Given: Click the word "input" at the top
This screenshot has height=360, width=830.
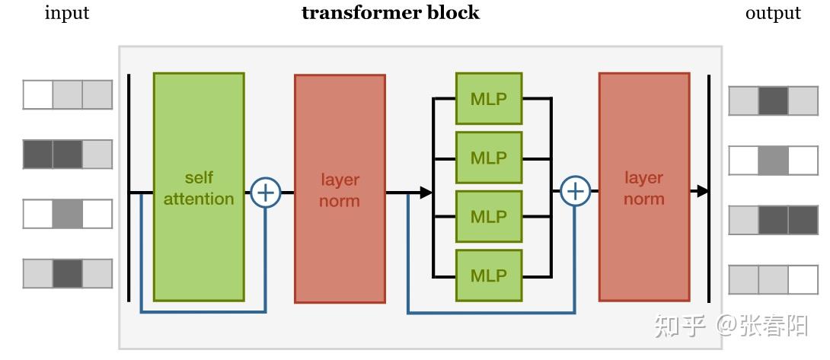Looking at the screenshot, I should click(67, 13).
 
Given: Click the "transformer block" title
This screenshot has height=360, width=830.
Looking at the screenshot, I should click(391, 13).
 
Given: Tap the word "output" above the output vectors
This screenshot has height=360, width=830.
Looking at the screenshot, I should click(773, 13).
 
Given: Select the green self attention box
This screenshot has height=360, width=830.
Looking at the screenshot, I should click(199, 187).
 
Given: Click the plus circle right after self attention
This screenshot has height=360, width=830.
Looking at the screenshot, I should click(266, 193).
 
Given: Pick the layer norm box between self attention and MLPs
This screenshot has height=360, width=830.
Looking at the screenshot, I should click(340, 189).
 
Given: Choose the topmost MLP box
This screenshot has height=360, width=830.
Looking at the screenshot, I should click(488, 98).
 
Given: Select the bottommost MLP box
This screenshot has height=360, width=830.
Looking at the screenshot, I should click(488, 275).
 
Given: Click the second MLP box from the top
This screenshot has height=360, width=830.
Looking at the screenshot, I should click(488, 158).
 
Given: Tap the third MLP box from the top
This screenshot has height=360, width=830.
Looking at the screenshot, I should click(488, 216).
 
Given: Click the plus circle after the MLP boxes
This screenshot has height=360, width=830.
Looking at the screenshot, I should click(576, 191).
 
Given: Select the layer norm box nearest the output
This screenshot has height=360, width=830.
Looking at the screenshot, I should click(643, 187).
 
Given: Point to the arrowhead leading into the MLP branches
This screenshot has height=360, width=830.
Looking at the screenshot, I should click(426, 193).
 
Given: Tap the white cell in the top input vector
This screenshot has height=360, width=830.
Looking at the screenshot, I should click(38, 95).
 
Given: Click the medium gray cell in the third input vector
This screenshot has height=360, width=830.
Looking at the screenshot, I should click(67, 214).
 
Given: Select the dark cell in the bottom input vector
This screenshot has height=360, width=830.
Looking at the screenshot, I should click(67, 273).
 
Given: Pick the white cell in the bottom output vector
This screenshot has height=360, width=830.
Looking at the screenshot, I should click(803, 279).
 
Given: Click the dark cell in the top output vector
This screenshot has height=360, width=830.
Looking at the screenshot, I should click(773, 100).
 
